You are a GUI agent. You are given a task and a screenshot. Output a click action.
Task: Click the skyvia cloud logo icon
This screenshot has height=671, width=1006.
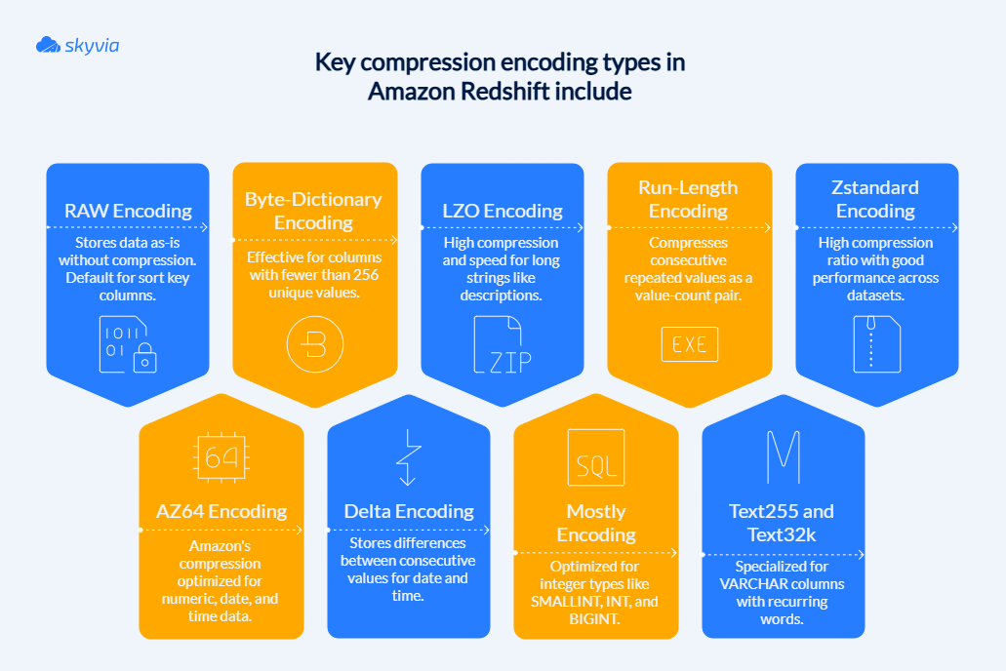48,45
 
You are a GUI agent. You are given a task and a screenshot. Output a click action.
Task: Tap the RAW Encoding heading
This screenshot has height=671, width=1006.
128,211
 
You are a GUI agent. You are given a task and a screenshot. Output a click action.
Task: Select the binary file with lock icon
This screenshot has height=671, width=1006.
129,343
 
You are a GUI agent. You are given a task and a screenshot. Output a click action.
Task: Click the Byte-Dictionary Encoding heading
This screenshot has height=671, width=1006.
313,211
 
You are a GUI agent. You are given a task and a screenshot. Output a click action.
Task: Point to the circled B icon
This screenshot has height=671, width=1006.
315,344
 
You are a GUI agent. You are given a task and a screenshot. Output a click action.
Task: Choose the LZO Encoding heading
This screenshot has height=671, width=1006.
503,211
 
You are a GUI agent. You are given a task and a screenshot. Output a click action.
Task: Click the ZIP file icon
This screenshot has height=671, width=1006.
503,344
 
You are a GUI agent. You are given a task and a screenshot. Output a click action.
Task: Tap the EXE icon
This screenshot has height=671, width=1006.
689,344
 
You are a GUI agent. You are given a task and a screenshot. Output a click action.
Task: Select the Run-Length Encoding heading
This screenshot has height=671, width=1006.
688,199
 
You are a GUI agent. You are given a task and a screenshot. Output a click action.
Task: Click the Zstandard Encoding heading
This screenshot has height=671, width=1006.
875,199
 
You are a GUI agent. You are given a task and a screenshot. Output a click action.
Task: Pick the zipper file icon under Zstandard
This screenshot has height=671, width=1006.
876,344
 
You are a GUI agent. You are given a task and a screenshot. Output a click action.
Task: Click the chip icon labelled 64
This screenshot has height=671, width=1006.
221,457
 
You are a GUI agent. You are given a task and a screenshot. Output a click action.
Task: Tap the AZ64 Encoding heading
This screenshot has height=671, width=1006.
221,511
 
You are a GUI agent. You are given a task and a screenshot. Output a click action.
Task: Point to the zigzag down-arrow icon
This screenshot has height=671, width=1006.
408,457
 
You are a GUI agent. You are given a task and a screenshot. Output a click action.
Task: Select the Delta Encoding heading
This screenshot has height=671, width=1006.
409,511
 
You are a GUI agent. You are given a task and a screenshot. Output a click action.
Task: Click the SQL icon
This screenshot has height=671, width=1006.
595,457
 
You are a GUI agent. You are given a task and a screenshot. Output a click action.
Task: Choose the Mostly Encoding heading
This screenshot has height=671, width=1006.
596,523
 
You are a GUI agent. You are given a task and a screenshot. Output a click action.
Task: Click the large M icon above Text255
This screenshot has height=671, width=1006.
783,455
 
